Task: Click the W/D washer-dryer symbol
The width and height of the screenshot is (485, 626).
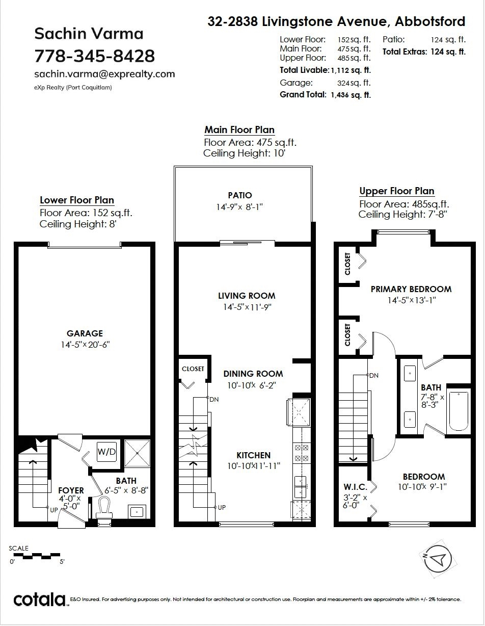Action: [x=106, y=452]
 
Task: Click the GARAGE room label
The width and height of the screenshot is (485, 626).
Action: [x=85, y=333]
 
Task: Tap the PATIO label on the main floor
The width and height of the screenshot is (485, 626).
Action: [x=240, y=195]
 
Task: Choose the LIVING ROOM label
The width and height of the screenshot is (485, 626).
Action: [x=247, y=296]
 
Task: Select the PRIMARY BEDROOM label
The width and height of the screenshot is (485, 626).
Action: [x=411, y=289]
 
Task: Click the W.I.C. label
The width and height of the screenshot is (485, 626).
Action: [x=355, y=487]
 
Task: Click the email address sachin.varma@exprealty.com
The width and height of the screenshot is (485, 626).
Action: [x=104, y=74]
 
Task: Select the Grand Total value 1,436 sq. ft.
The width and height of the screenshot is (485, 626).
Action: [x=351, y=95]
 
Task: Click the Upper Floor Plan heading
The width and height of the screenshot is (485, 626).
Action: [x=397, y=191]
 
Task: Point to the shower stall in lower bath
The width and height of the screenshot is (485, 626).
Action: [x=137, y=453]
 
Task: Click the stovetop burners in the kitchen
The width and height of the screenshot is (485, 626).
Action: [x=302, y=453]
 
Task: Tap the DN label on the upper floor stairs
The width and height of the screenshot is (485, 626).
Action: [x=373, y=375]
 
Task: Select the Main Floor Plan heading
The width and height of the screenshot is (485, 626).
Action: [x=239, y=129]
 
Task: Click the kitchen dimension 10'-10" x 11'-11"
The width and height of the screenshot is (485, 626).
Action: [x=254, y=466]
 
